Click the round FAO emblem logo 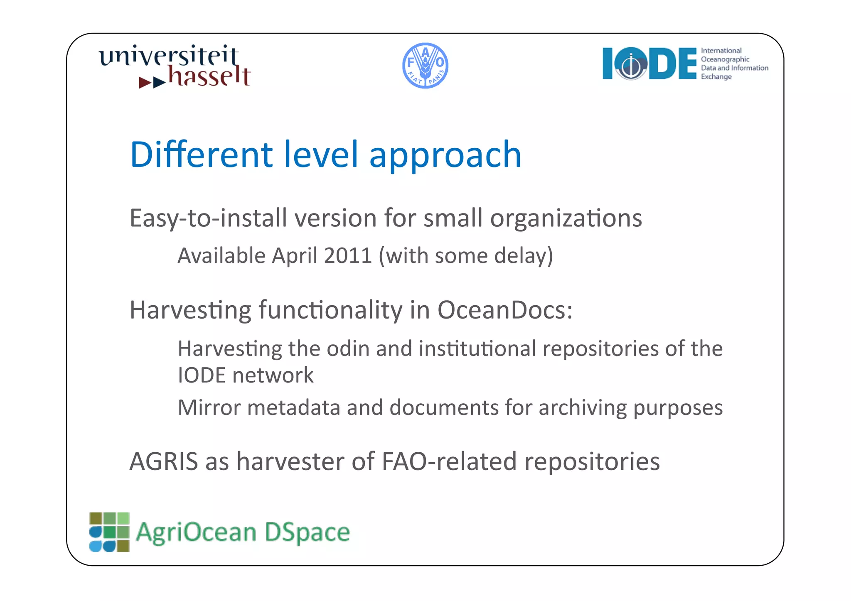point(425,66)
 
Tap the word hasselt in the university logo point(209,77)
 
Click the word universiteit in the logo point(169,56)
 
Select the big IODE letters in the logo point(649,64)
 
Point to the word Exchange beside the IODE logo point(716,77)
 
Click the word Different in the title point(202,155)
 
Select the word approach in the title point(445,155)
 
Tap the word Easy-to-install point(208,218)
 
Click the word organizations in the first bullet point(566,218)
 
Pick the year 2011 point(348,255)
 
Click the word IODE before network point(202,375)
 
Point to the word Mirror point(209,407)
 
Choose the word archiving point(583,407)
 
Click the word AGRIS point(164,461)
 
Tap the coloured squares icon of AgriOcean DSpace point(110,532)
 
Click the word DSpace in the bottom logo point(307,532)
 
